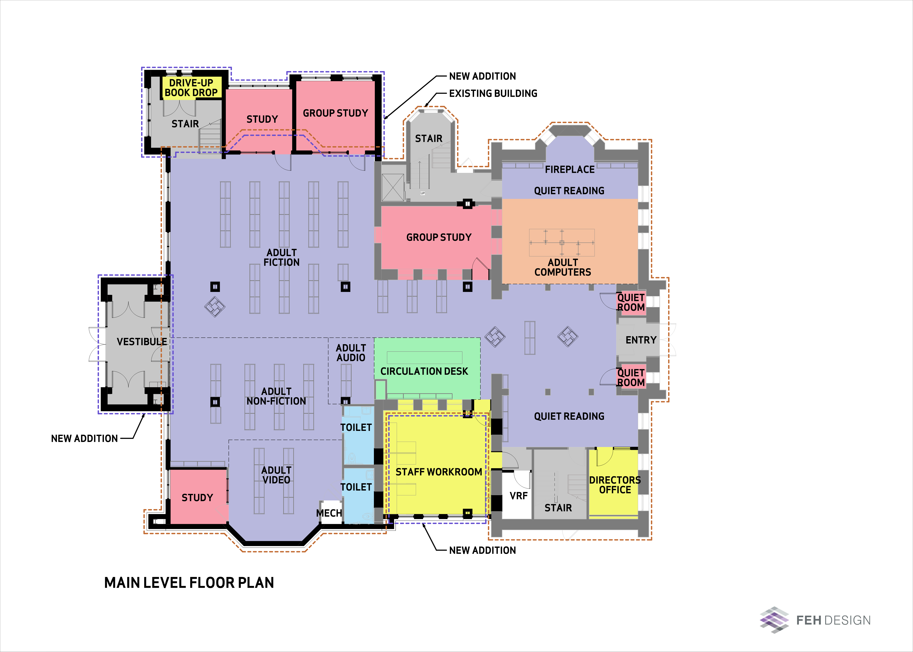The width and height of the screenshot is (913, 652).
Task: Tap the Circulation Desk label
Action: pyautogui.click(x=424, y=371)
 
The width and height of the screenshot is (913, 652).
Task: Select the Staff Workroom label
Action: pyautogui.click(x=439, y=472)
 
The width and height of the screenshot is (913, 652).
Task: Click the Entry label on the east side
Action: pyautogui.click(x=641, y=340)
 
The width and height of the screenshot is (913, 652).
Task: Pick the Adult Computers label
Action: pyautogui.click(x=563, y=267)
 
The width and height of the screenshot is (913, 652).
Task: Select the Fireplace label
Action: pyautogui.click(x=570, y=169)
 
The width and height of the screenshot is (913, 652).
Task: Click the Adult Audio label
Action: pyautogui.click(x=351, y=353)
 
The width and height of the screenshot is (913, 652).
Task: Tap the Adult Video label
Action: pyautogui.click(x=276, y=475)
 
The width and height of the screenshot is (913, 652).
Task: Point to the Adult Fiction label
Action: pyautogui.click(x=282, y=257)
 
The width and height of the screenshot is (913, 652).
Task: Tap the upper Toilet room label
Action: pyautogui.click(x=356, y=428)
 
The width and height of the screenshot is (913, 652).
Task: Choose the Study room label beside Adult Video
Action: pyautogui.click(x=197, y=498)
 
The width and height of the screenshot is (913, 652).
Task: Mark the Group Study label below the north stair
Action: pyautogui.click(x=439, y=237)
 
